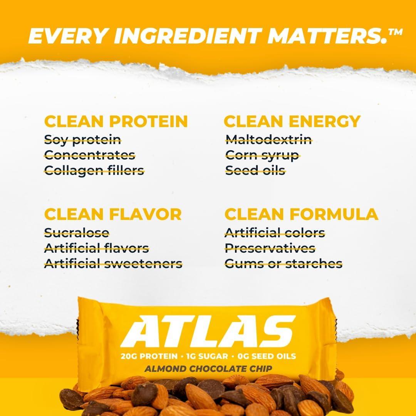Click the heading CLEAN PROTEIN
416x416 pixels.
coord(116,121)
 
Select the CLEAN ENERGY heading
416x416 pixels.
coord(292,121)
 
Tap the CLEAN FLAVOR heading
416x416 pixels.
coord(113,214)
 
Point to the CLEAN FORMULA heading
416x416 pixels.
coord(301,214)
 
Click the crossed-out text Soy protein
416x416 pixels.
coord(82,139)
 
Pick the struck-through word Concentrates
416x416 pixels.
coord(90,155)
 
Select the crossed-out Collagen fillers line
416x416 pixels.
coord(94,170)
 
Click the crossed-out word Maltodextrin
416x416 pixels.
coord(268,139)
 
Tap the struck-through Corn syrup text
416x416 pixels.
coord(262,155)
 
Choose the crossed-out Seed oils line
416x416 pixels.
coord(255,170)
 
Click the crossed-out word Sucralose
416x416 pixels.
coord(77,233)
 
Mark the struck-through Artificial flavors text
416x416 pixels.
coord(96,248)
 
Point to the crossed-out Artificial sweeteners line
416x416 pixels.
coord(113,264)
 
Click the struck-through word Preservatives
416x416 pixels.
coord(270,248)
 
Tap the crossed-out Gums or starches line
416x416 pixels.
coord(283,264)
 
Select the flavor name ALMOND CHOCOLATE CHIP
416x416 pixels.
coord(208,369)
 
